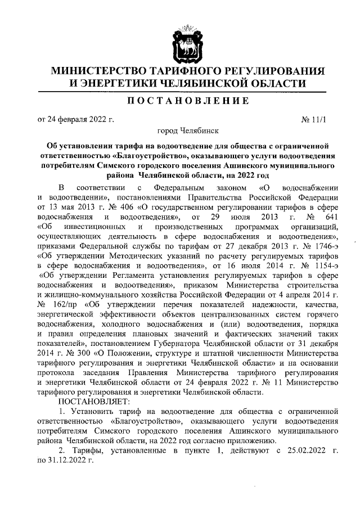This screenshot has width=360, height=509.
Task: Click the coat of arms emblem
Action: (180, 46)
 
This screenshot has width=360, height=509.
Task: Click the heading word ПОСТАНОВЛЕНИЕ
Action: (180, 101)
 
